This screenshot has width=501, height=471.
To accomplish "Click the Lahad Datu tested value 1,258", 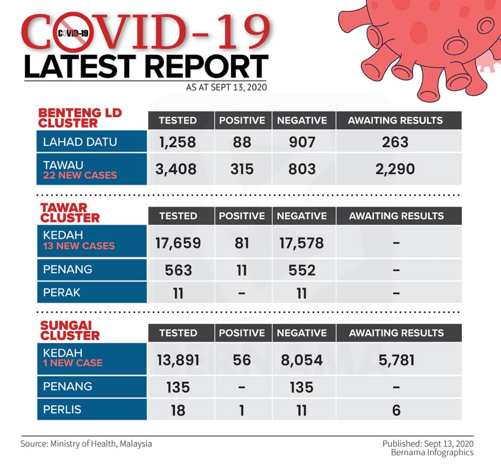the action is (177, 142).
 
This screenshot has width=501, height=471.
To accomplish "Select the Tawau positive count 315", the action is (242, 169).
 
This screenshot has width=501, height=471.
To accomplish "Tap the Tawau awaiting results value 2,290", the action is (395, 169).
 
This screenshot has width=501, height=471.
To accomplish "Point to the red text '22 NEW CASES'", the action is (80, 175).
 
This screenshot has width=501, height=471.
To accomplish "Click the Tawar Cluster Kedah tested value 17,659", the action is (178, 243).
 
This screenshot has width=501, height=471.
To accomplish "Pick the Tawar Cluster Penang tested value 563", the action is (178, 270).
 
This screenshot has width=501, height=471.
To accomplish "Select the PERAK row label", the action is (62, 292).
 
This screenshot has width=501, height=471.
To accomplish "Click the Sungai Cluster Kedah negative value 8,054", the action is (302, 360).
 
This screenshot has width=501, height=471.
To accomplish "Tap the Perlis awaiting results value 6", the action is (396, 410).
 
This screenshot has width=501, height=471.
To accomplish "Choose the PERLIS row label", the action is (62, 409).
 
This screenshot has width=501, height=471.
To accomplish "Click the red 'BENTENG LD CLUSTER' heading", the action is (80, 118).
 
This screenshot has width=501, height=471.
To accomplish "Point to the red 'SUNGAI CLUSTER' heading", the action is (70, 331).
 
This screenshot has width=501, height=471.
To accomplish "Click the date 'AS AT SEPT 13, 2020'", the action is (226, 87).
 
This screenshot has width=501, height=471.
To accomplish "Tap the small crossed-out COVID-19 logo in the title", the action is (73, 32).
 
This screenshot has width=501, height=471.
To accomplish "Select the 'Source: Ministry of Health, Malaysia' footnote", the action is (86, 444).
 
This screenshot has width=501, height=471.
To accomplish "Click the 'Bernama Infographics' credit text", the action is (432, 452).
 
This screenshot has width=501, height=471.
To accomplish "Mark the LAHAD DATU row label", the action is (80, 142).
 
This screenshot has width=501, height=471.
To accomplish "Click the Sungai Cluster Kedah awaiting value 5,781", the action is (396, 360).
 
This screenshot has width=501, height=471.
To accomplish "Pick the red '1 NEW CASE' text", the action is (73, 363).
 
